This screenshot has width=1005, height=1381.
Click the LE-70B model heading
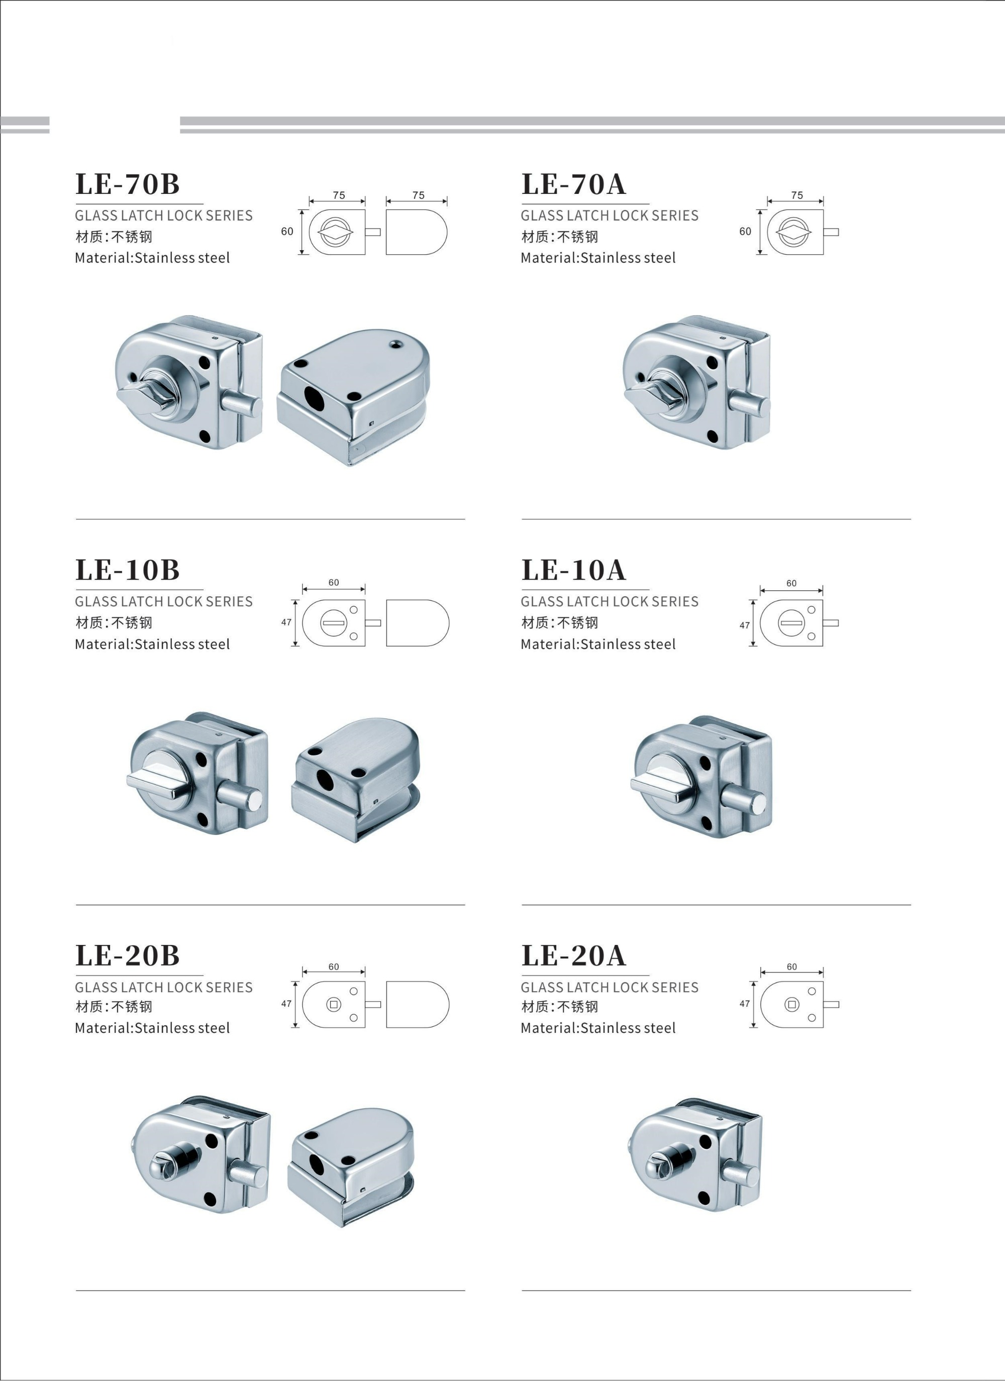coord(127,184)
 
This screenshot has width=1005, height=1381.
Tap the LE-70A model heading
coord(573,184)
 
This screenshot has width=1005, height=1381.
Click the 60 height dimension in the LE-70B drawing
coord(287,232)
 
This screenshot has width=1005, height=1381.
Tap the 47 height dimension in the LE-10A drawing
coord(744,625)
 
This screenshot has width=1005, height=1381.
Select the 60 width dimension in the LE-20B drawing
coord(334,967)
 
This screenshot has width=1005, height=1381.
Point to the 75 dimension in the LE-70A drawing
coord(796,195)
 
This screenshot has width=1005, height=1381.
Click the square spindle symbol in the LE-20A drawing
coord(792,1004)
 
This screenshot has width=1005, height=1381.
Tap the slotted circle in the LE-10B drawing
coord(333,623)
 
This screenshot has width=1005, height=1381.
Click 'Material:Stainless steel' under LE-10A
coord(598,644)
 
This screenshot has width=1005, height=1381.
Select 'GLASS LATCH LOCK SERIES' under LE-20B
coord(164,987)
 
